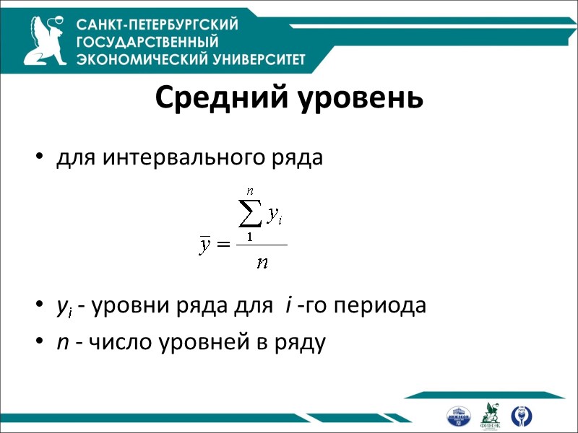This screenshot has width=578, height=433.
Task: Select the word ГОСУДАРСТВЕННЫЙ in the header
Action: click(x=147, y=42)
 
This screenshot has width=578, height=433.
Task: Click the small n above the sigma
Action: click(x=250, y=191)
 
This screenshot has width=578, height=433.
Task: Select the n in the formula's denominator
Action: click(x=262, y=261)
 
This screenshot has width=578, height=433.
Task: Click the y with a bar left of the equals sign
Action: click(x=205, y=245)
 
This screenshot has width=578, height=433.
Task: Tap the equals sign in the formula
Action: click(x=223, y=245)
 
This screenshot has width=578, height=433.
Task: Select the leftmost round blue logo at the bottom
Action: click(x=460, y=416)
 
